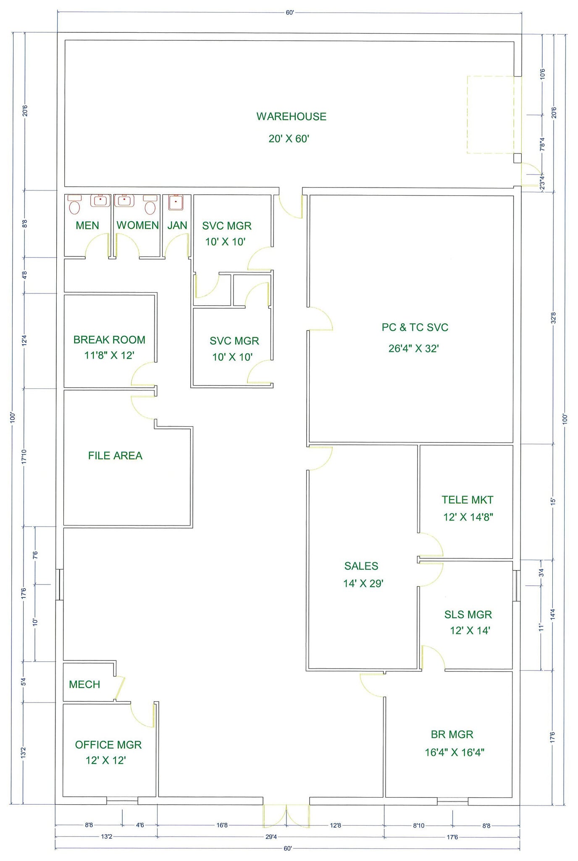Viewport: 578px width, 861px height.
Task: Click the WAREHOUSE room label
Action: [x=291, y=116]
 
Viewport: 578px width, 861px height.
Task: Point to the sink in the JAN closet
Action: [x=174, y=202]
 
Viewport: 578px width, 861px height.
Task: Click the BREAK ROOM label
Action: [x=109, y=340]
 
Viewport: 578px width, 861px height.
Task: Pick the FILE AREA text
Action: [x=115, y=456]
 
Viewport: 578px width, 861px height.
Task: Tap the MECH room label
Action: [x=84, y=684]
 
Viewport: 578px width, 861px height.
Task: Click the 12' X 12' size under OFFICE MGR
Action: [x=106, y=760]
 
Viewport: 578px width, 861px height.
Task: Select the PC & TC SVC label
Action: [x=415, y=327]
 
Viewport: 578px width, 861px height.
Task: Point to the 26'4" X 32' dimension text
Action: [x=413, y=348]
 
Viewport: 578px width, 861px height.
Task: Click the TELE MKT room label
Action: [x=467, y=500]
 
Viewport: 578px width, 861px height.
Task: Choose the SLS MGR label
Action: [x=468, y=615]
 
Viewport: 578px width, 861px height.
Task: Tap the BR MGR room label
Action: [x=452, y=734]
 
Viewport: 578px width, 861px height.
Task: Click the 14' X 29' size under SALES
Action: [x=363, y=583]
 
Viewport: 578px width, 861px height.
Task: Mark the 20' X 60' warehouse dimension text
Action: [x=289, y=139]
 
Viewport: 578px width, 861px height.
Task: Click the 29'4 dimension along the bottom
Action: [x=271, y=837]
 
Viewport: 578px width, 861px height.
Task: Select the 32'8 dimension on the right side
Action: [x=554, y=317]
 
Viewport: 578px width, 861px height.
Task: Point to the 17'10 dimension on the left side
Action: [x=24, y=457]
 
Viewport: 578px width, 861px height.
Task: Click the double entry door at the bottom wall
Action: [x=286, y=816]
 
